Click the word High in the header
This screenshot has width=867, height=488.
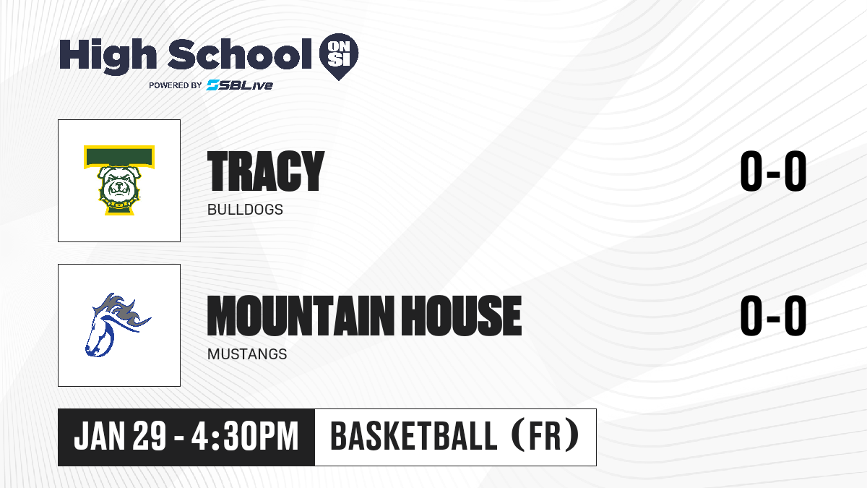coord(108,56)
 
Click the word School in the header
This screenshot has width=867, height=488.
coord(240,54)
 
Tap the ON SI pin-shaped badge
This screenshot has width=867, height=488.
coord(339,56)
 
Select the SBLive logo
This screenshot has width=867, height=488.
coord(240,85)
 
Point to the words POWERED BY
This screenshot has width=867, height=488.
coord(176,85)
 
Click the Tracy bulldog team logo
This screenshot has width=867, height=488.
coord(119,180)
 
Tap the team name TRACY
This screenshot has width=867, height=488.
coord(266,171)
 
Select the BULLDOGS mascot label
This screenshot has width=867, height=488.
coord(245,210)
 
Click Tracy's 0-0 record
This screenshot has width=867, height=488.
coord(773,171)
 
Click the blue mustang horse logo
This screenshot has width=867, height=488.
coord(117,325)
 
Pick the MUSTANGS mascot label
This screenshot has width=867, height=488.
coord(247,354)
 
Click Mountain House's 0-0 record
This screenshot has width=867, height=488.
coord(773,316)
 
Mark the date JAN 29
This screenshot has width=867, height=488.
coord(120,437)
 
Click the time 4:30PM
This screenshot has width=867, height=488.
coord(245,437)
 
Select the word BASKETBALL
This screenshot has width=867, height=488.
coord(413,436)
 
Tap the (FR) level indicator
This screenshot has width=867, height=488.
coord(545,436)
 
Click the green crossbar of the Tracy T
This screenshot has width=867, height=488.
coord(119,157)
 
